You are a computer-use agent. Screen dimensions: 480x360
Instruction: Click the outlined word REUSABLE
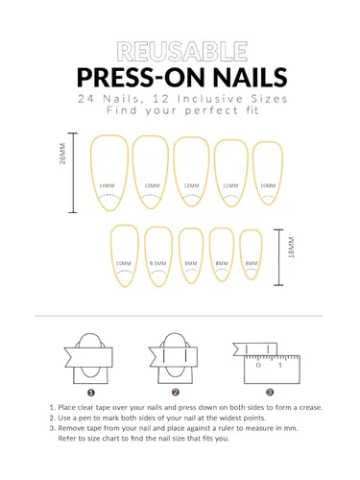180,51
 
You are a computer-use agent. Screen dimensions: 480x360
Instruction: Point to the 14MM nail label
107,185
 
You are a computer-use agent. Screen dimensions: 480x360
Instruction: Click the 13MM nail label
152,185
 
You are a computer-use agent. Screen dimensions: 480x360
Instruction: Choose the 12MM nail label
191,185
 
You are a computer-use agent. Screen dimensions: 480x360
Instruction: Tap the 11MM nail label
230,185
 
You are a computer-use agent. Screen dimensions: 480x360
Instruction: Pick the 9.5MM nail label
158,262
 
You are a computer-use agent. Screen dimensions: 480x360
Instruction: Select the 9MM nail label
190,262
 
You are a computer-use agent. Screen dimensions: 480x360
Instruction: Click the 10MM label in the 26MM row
268,185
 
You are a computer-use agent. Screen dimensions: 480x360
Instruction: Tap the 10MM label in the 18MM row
124,262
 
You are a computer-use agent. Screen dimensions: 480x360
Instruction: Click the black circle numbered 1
91,392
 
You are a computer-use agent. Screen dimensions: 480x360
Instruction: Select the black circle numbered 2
176,392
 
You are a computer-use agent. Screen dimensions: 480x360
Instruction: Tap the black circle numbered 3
270,392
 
